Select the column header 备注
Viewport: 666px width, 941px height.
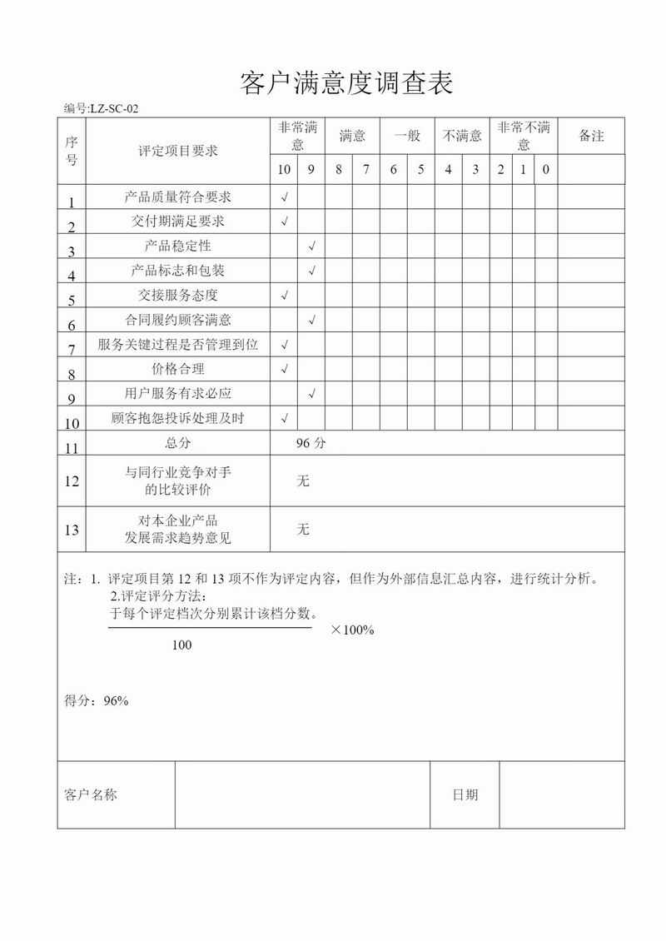pyautogui.click(x=591, y=136)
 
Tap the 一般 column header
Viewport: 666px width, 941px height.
pyautogui.click(x=407, y=136)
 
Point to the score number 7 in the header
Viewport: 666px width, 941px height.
pyautogui.click(x=366, y=170)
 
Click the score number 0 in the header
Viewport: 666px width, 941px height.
pyautogui.click(x=545, y=170)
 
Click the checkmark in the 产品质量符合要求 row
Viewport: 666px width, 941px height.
pyautogui.click(x=285, y=197)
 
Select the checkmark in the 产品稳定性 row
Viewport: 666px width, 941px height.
pyautogui.click(x=311, y=246)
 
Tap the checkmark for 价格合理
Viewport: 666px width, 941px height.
pyautogui.click(x=285, y=369)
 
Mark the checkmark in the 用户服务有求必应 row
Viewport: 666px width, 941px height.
pyautogui.click(x=311, y=393)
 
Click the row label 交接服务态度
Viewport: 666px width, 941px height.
pyautogui.click(x=177, y=295)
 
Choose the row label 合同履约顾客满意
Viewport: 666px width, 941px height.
pyautogui.click(x=177, y=320)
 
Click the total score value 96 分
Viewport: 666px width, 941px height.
pyautogui.click(x=311, y=443)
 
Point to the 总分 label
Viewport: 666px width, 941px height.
pyautogui.click(x=177, y=443)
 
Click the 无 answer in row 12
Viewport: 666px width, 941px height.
pyautogui.click(x=303, y=480)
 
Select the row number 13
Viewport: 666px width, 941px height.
pyautogui.click(x=72, y=530)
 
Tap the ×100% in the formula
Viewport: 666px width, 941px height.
pyautogui.click(x=352, y=630)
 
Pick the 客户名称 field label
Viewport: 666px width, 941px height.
pyautogui.click(x=91, y=795)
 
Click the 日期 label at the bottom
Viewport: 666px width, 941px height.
pyautogui.click(x=465, y=795)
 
